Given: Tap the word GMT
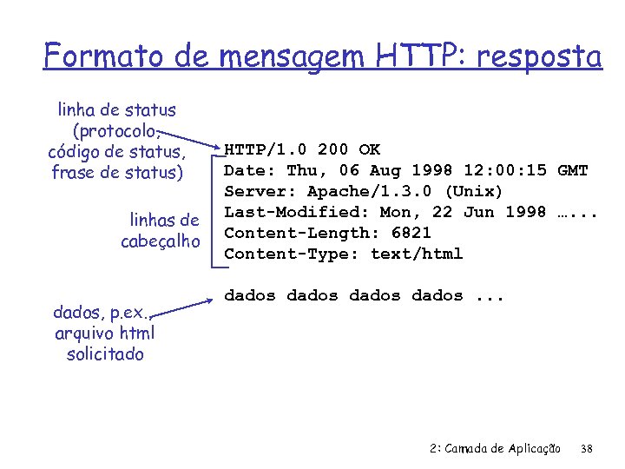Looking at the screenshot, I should click(x=573, y=170).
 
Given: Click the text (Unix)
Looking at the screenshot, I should click(x=474, y=191).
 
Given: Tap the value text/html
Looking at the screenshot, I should click(x=417, y=254).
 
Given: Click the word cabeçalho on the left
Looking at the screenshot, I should click(x=161, y=241).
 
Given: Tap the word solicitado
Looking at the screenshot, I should click(x=104, y=354).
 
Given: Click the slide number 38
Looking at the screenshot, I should click(x=586, y=448).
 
